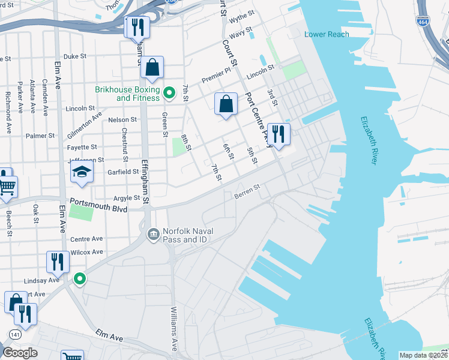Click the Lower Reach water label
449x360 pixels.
327,34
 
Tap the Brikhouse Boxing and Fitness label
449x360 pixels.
127,94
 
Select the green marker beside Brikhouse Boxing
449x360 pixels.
169,92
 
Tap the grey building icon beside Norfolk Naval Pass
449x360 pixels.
153,232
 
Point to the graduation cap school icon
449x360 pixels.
81,172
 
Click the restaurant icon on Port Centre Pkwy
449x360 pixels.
278,134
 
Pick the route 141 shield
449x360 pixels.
13,333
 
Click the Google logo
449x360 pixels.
20,353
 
